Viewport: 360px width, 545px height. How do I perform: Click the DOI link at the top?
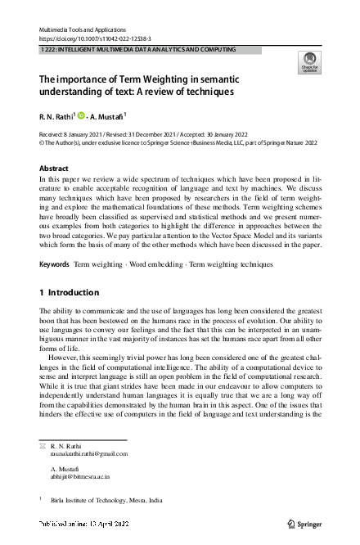[90, 38]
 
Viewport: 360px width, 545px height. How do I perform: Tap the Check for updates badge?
[308, 62]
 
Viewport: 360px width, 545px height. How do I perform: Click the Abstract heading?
[54, 167]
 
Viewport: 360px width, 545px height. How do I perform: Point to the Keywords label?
[54, 264]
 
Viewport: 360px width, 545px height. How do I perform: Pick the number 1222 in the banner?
[48, 50]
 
